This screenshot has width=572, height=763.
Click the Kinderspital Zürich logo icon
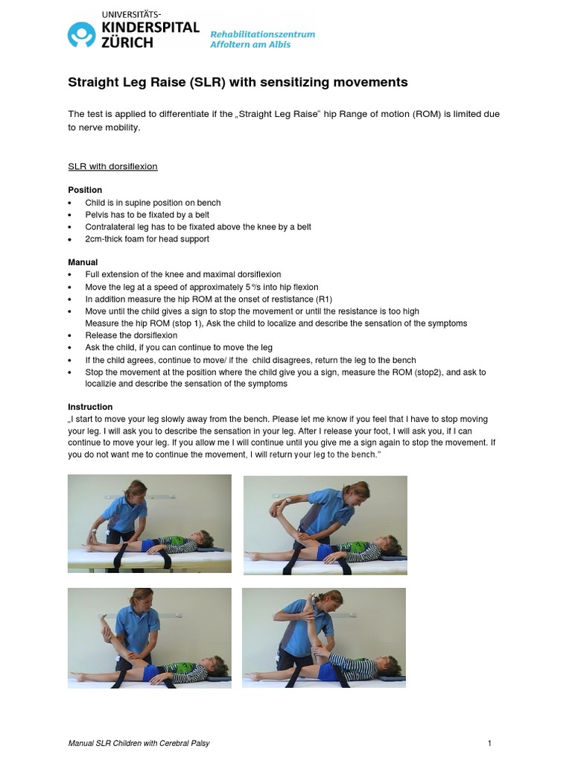click(x=82, y=34)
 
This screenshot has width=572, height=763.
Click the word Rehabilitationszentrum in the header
click(x=262, y=34)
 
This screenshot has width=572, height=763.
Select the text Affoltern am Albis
click(x=250, y=45)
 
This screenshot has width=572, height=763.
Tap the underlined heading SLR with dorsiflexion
click(x=112, y=166)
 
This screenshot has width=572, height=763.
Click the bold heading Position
click(x=85, y=190)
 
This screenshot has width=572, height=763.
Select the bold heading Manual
click(x=83, y=263)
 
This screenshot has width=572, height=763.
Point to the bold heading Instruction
click(x=90, y=407)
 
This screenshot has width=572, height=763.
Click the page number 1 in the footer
click(x=489, y=743)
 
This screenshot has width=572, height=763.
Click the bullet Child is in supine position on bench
click(x=153, y=203)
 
